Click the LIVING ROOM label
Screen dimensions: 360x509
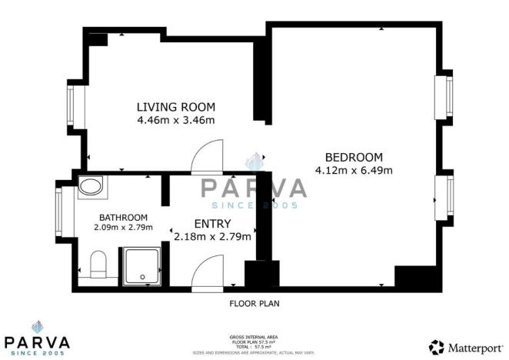(x=176, y=106)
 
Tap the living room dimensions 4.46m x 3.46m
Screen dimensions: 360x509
(x=176, y=120)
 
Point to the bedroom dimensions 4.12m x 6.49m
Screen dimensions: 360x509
(x=354, y=169)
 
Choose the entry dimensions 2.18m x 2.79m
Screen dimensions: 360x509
(x=213, y=237)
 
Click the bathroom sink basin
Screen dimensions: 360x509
(x=91, y=186)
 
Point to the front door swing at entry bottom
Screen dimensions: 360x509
(x=207, y=272)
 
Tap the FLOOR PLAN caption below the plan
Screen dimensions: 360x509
(x=254, y=304)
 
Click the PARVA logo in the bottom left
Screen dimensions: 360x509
(x=38, y=335)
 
